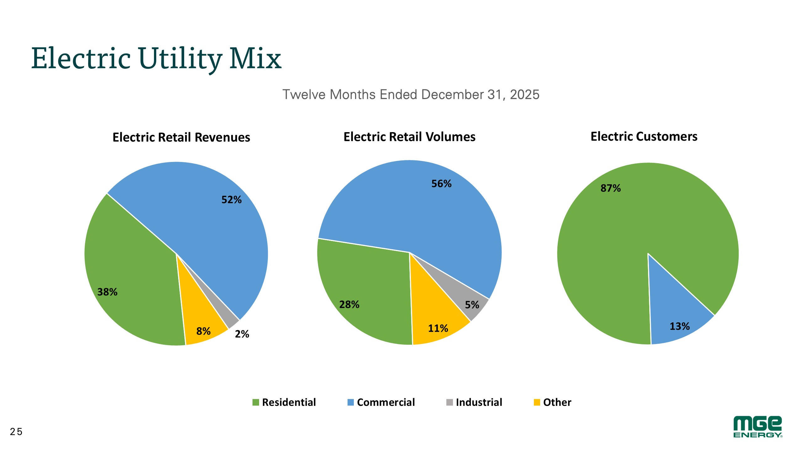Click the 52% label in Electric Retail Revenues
(x=231, y=200)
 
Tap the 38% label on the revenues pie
(x=107, y=292)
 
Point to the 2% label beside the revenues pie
(x=242, y=334)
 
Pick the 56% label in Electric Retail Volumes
(x=441, y=184)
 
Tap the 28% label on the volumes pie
(x=349, y=304)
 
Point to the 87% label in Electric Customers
(x=610, y=188)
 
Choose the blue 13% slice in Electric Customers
(x=674, y=317)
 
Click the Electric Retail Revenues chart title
(x=181, y=137)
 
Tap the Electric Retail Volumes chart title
(x=409, y=137)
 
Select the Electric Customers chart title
(x=644, y=137)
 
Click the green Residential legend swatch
(x=256, y=402)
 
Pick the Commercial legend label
(x=386, y=402)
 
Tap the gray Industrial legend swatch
(x=449, y=402)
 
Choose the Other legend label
(x=557, y=402)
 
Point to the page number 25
(x=16, y=432)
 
